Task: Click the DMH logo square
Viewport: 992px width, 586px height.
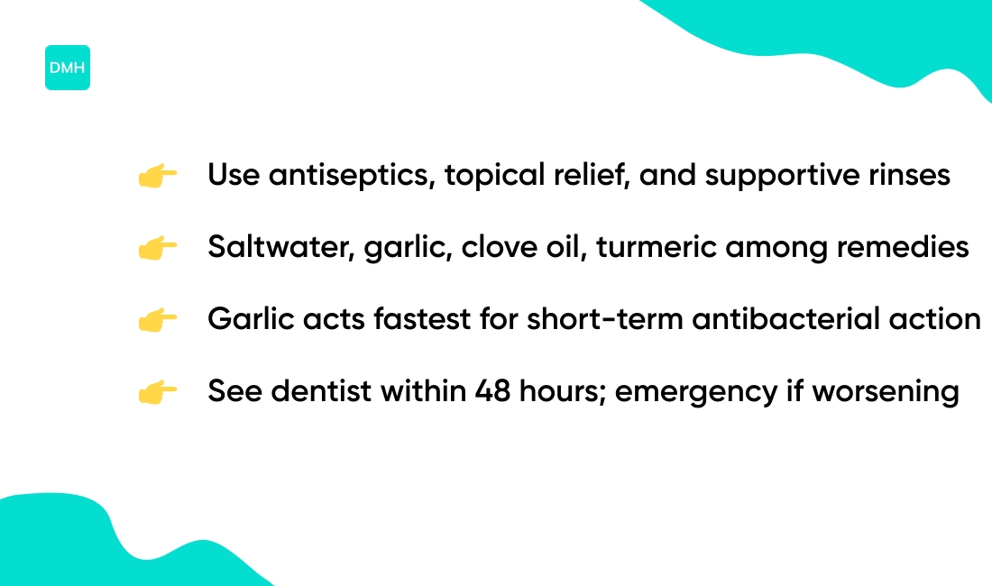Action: (68, 68)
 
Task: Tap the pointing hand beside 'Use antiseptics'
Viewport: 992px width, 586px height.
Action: (157, 176)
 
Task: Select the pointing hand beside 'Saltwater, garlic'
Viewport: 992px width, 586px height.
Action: (157, 248)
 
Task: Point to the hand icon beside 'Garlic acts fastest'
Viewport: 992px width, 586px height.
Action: (157, 320)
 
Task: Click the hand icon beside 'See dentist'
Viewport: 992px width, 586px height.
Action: (157, 392)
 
